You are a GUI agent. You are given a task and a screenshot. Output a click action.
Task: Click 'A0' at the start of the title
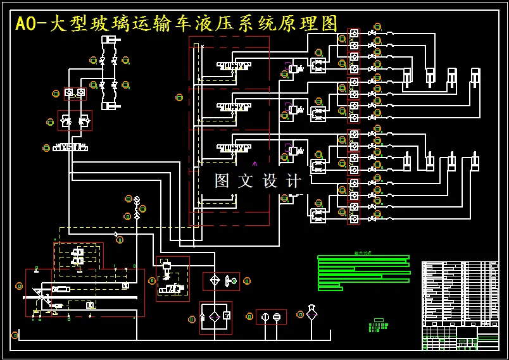pyautogui.click(x=26, y=24)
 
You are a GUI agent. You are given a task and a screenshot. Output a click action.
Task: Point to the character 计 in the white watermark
pyautogui.click(x=294, y=181)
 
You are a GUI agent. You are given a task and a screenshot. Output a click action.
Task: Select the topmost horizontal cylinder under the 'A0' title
pyautogui.click(x=111, y=40)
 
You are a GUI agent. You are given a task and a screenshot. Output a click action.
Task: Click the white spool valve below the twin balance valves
pyautogui.click(x=70, y=147)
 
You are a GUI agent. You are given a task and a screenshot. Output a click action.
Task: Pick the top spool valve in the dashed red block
pyautogui.click(x=234, y=65)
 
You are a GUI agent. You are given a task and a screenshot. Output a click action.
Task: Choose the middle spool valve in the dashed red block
pyautogui.click(x=234, y=107)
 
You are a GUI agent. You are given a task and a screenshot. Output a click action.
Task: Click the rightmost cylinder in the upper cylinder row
pyautogui.click(x=475, y=77)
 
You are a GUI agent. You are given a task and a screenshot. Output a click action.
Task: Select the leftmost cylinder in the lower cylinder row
pyautogui.click(x=407, y=163)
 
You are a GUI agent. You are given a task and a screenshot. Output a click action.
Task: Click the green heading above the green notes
pyautogui.click(x=363, y=253)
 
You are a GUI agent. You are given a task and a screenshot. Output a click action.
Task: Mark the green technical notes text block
pyautogui.click(x=363, y=273)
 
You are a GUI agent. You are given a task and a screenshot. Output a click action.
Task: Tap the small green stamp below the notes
pyautogui.click(x=378, y=325)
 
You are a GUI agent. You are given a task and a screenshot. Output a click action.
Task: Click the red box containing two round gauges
pyautogui.click(x=271, y=316)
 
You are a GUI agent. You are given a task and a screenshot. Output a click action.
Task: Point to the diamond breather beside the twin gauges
pyautogui.click(x=311, y=313)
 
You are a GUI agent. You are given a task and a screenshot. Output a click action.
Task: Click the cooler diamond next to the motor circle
pyautogui.click(x=215, y=280)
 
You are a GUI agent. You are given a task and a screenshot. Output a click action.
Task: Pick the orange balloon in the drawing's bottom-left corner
pyautogui.click(x=15, y=335)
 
